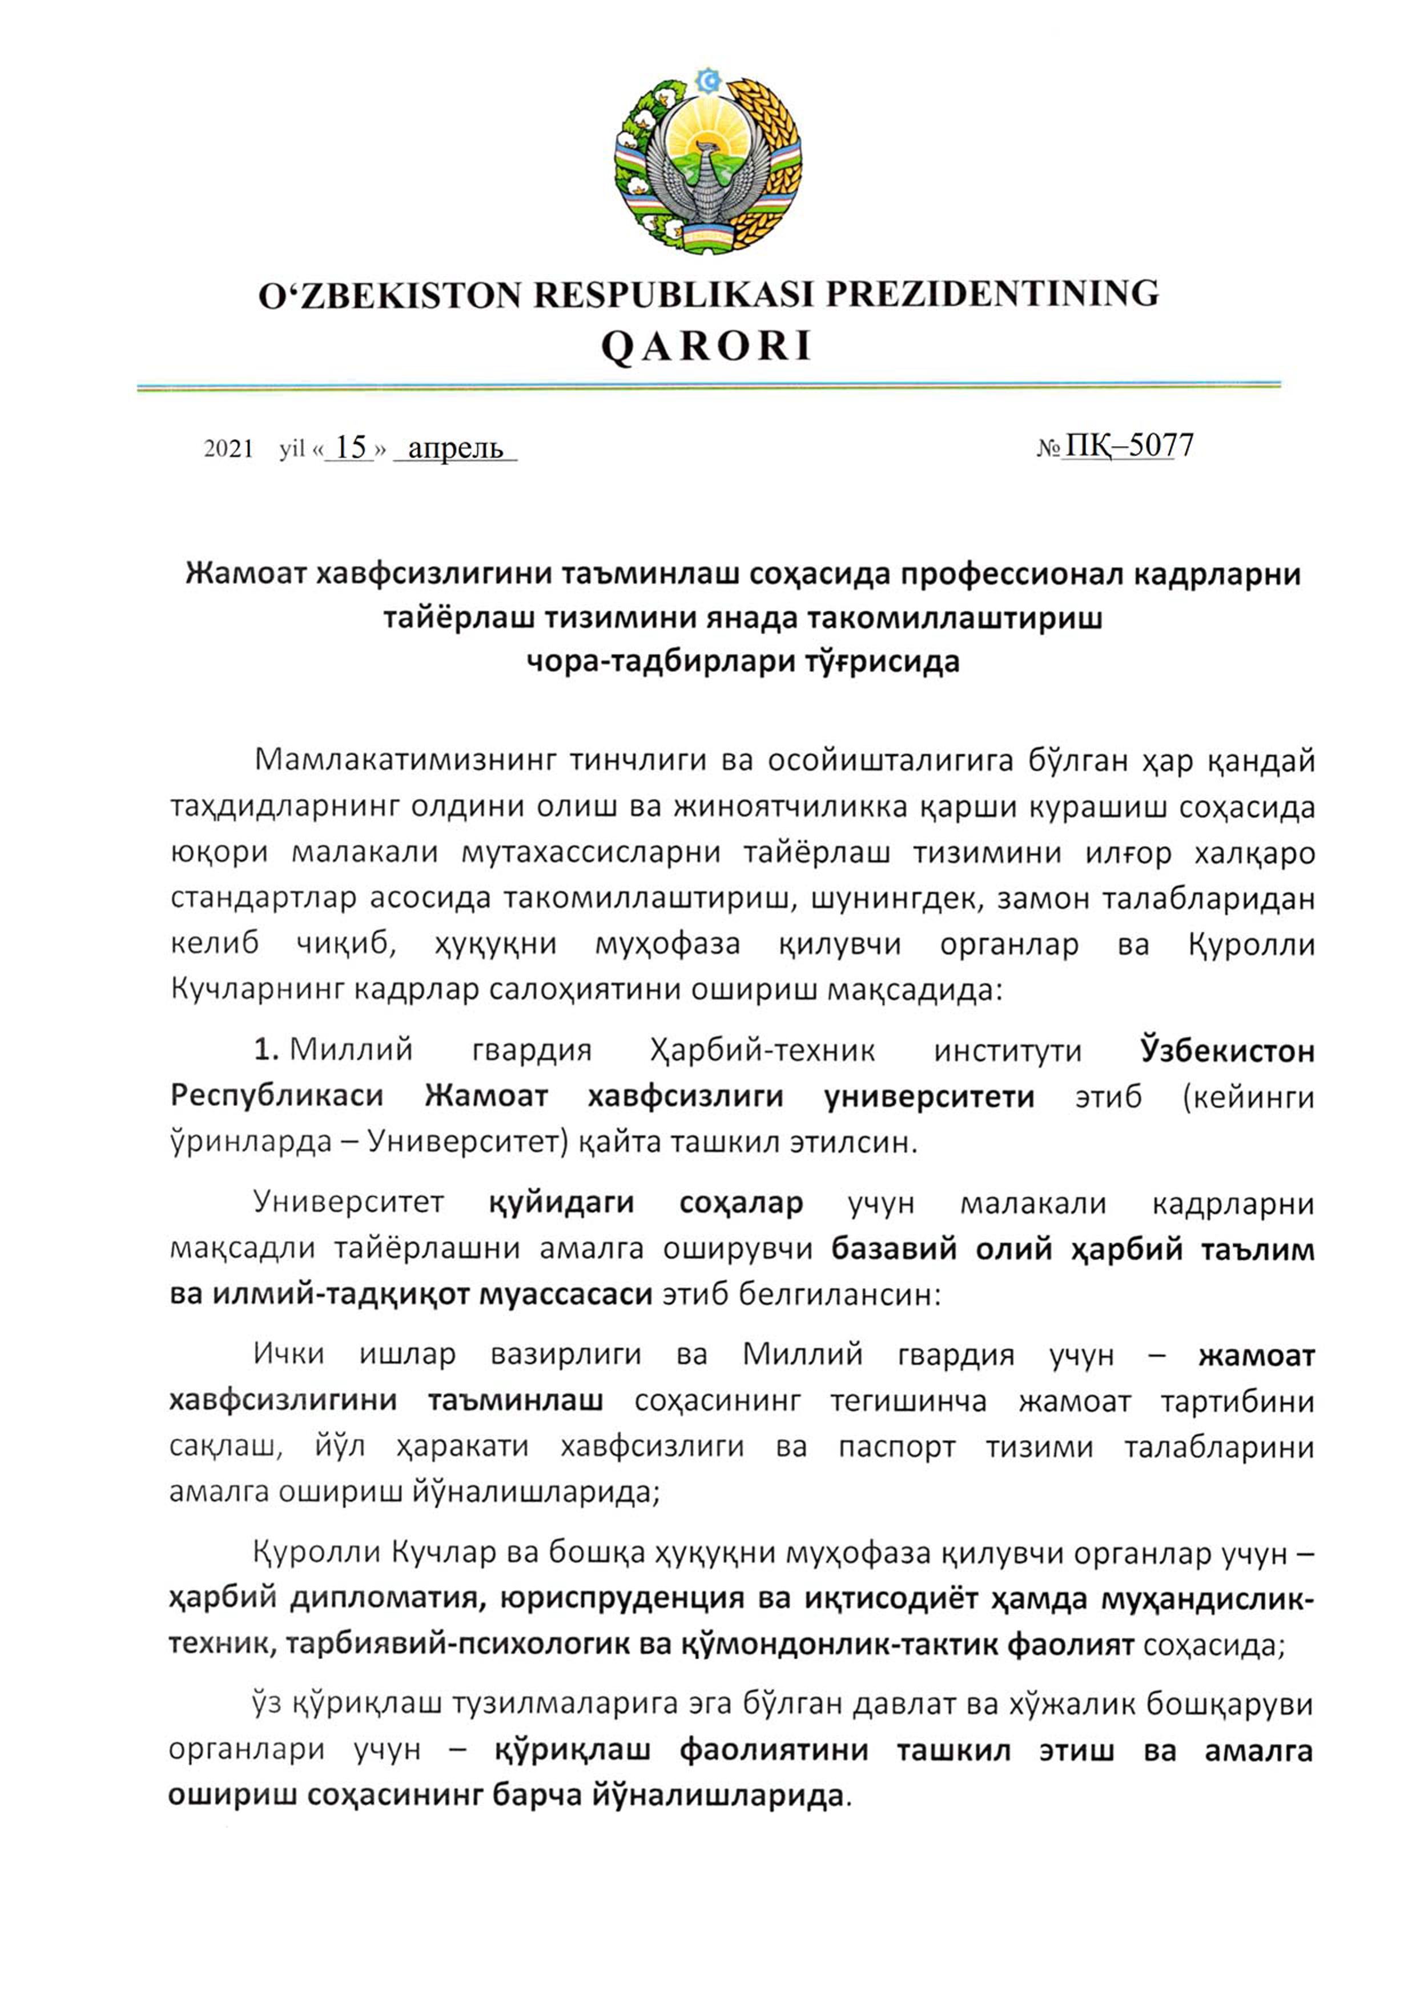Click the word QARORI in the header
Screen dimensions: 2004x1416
tap(707, 347)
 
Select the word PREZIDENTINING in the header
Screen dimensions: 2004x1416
tap(992, 294)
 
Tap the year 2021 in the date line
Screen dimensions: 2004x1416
tap(228, 450)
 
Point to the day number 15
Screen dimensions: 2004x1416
tap(351, 448)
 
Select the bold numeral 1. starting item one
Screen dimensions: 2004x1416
tap(266, 1050)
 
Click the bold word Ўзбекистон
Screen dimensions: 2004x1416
tap(1226, 1050)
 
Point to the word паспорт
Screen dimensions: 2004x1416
tap(896, 1447)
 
